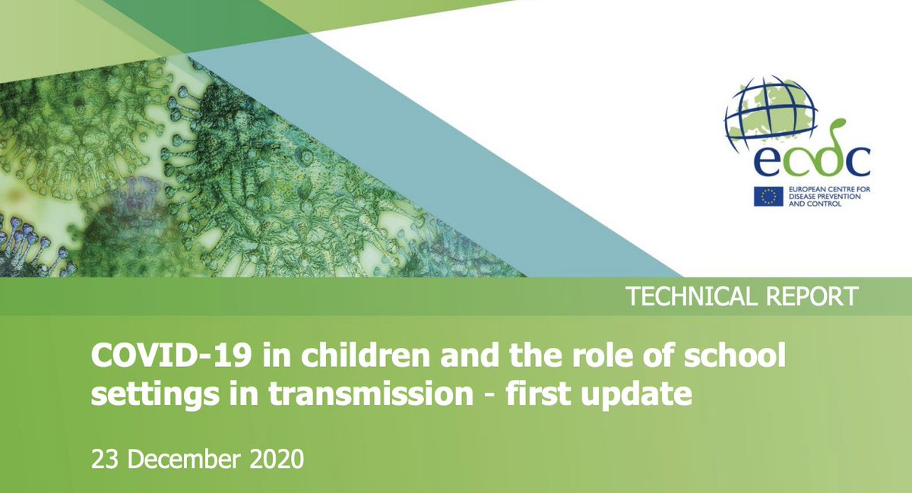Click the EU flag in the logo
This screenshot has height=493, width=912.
click(x=768, y=196)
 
